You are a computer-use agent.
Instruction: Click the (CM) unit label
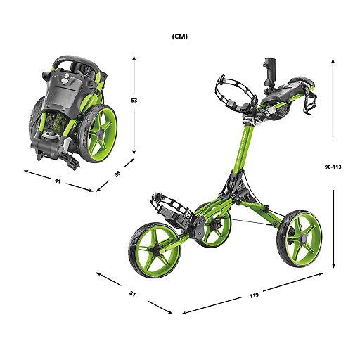[x=179, y=36]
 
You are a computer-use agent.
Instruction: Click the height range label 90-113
[x=333, y=167]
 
